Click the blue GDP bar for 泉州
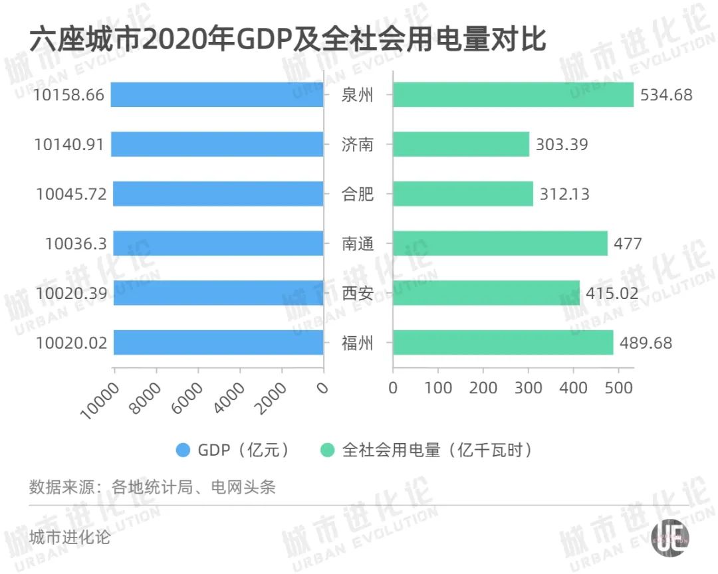(217, 94)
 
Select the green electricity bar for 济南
(461, 144)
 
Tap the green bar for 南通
(500, 243)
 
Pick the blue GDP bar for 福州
(218, 342)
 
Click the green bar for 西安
(486, 293)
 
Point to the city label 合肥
(358, 194)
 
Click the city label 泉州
(358, 95)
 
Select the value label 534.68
(665, 95)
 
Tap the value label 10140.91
(68, 144)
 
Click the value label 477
(628, 243)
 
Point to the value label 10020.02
(70, 343)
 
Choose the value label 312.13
(564, 194)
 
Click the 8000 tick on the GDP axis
(146, 397)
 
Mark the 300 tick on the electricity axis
(529, 387)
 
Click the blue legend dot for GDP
(182, 450)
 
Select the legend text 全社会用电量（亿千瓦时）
(437, 450)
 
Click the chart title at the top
(287, 40)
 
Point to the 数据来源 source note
(152, 487)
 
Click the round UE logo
(669, 537)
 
